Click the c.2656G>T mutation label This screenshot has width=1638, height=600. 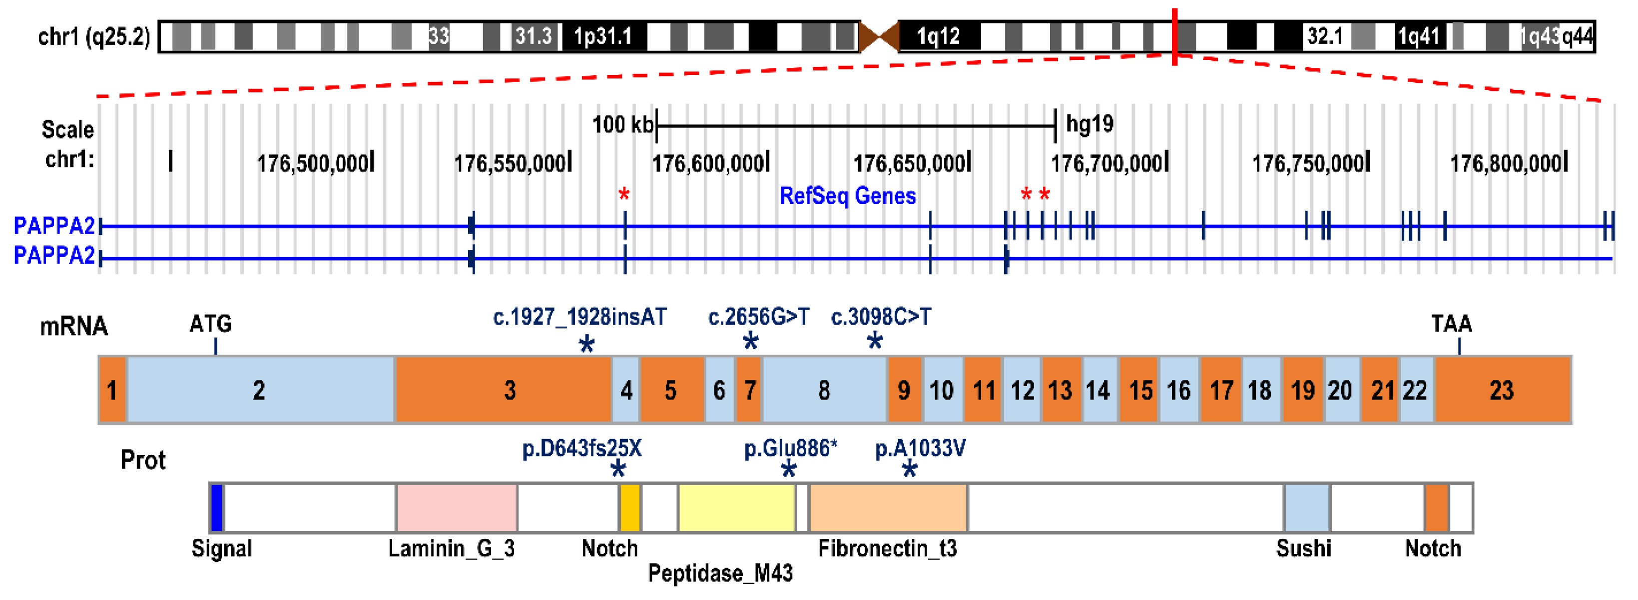[x=759, y=317]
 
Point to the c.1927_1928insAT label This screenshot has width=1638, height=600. [x=580, y=317]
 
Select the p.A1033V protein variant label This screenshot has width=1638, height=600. [x=920, y=448]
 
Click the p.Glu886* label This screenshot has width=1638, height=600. [x=790, y=448]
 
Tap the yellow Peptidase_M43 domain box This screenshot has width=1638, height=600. [x=736, y=507]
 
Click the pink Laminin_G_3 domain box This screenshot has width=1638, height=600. [x=457, y=507]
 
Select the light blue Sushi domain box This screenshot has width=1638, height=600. [x=1306, y=507]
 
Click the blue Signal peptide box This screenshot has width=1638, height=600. [x=217, y=507]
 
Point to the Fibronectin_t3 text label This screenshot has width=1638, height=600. [x=887, y=548]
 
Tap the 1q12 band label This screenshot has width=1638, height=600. [x=938, y=36]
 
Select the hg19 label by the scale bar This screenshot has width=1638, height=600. [x=1089, y=123]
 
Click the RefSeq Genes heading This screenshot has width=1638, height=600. [x=847, y=196]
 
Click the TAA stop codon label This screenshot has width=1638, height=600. [x=1451, y=324]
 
